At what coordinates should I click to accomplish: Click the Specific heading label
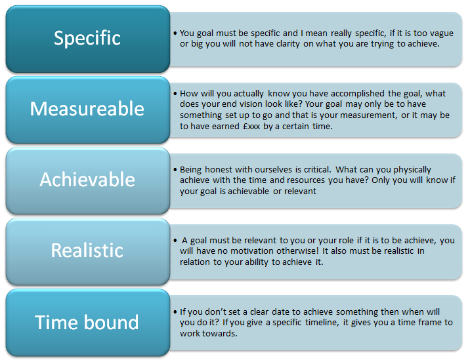[87, 38]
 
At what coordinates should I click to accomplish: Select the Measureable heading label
[87, 108]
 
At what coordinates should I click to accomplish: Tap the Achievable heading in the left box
[87, 180]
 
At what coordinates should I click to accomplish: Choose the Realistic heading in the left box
[87, 250]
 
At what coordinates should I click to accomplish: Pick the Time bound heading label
[87, 322]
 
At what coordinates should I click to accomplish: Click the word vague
[442, 33]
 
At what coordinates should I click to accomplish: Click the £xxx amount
[251, 127]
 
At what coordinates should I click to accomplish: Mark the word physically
[412, 170]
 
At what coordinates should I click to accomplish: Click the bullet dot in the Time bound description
[175, 312]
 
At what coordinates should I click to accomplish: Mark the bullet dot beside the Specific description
[175, 33]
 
